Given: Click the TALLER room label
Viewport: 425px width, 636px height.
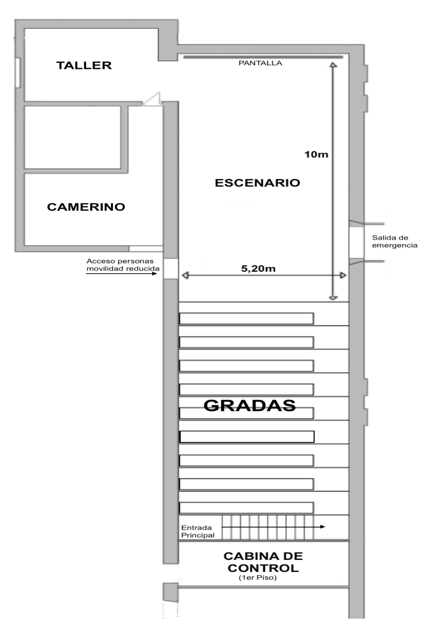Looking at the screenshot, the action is click(x=84, y=66).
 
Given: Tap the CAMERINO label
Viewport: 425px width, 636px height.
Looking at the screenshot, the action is click(x=86, y=207).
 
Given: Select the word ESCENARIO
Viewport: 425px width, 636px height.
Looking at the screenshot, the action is click(x=258, y=183).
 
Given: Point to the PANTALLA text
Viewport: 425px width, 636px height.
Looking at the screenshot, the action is click(x=260, y=63).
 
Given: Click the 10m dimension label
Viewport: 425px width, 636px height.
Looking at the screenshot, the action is click(x=316, y=154).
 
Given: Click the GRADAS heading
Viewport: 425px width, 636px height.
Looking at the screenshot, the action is click(x=249, y=405).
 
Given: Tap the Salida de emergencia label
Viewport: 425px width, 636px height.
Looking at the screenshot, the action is click(x=395, y=242).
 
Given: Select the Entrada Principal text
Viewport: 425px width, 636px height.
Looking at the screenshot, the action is click(x=198, y=531).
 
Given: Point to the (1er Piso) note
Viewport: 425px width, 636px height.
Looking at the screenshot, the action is click(x=258, y=578).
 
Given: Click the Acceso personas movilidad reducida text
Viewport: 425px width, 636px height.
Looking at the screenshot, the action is click(x=123, y=265).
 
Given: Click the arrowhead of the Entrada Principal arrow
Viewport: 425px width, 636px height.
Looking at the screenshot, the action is click(x=323, y=527).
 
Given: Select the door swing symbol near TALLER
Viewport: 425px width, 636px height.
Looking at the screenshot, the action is click(x=152, y=99).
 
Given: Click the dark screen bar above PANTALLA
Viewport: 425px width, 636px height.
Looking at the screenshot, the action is click(x=263, y=57).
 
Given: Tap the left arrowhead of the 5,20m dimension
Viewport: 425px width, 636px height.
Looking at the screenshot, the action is click(x=185, y=276).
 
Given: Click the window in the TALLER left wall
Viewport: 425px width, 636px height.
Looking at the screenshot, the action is click(x=18, y=73).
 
